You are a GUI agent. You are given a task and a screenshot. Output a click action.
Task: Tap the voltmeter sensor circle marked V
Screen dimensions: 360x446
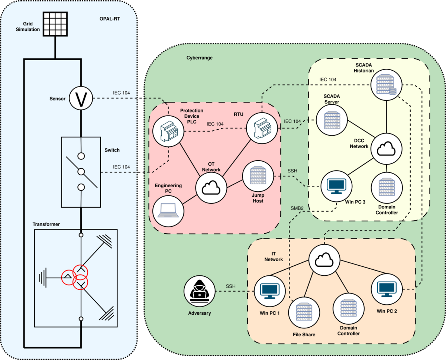[x=81, y=98]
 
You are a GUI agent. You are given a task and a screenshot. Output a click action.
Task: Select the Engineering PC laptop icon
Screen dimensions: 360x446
[x=168, y=211]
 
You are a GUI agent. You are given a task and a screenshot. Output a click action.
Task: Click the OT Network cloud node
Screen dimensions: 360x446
[x=211, y=187]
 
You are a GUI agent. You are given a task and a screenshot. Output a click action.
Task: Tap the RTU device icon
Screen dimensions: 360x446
[x=262, y=128]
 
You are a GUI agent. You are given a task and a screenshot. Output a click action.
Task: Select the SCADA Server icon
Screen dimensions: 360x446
[x=332, y=119]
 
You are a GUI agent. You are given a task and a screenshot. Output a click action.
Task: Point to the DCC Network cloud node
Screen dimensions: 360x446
[x=387, y=149]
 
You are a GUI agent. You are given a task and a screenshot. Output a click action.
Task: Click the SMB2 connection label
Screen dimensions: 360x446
[x=298, y=208]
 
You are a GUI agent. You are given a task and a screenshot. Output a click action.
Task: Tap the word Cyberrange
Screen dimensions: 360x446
[x=199, y=58]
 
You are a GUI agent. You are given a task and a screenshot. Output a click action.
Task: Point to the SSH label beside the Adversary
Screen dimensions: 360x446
[x=231, y=286]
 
